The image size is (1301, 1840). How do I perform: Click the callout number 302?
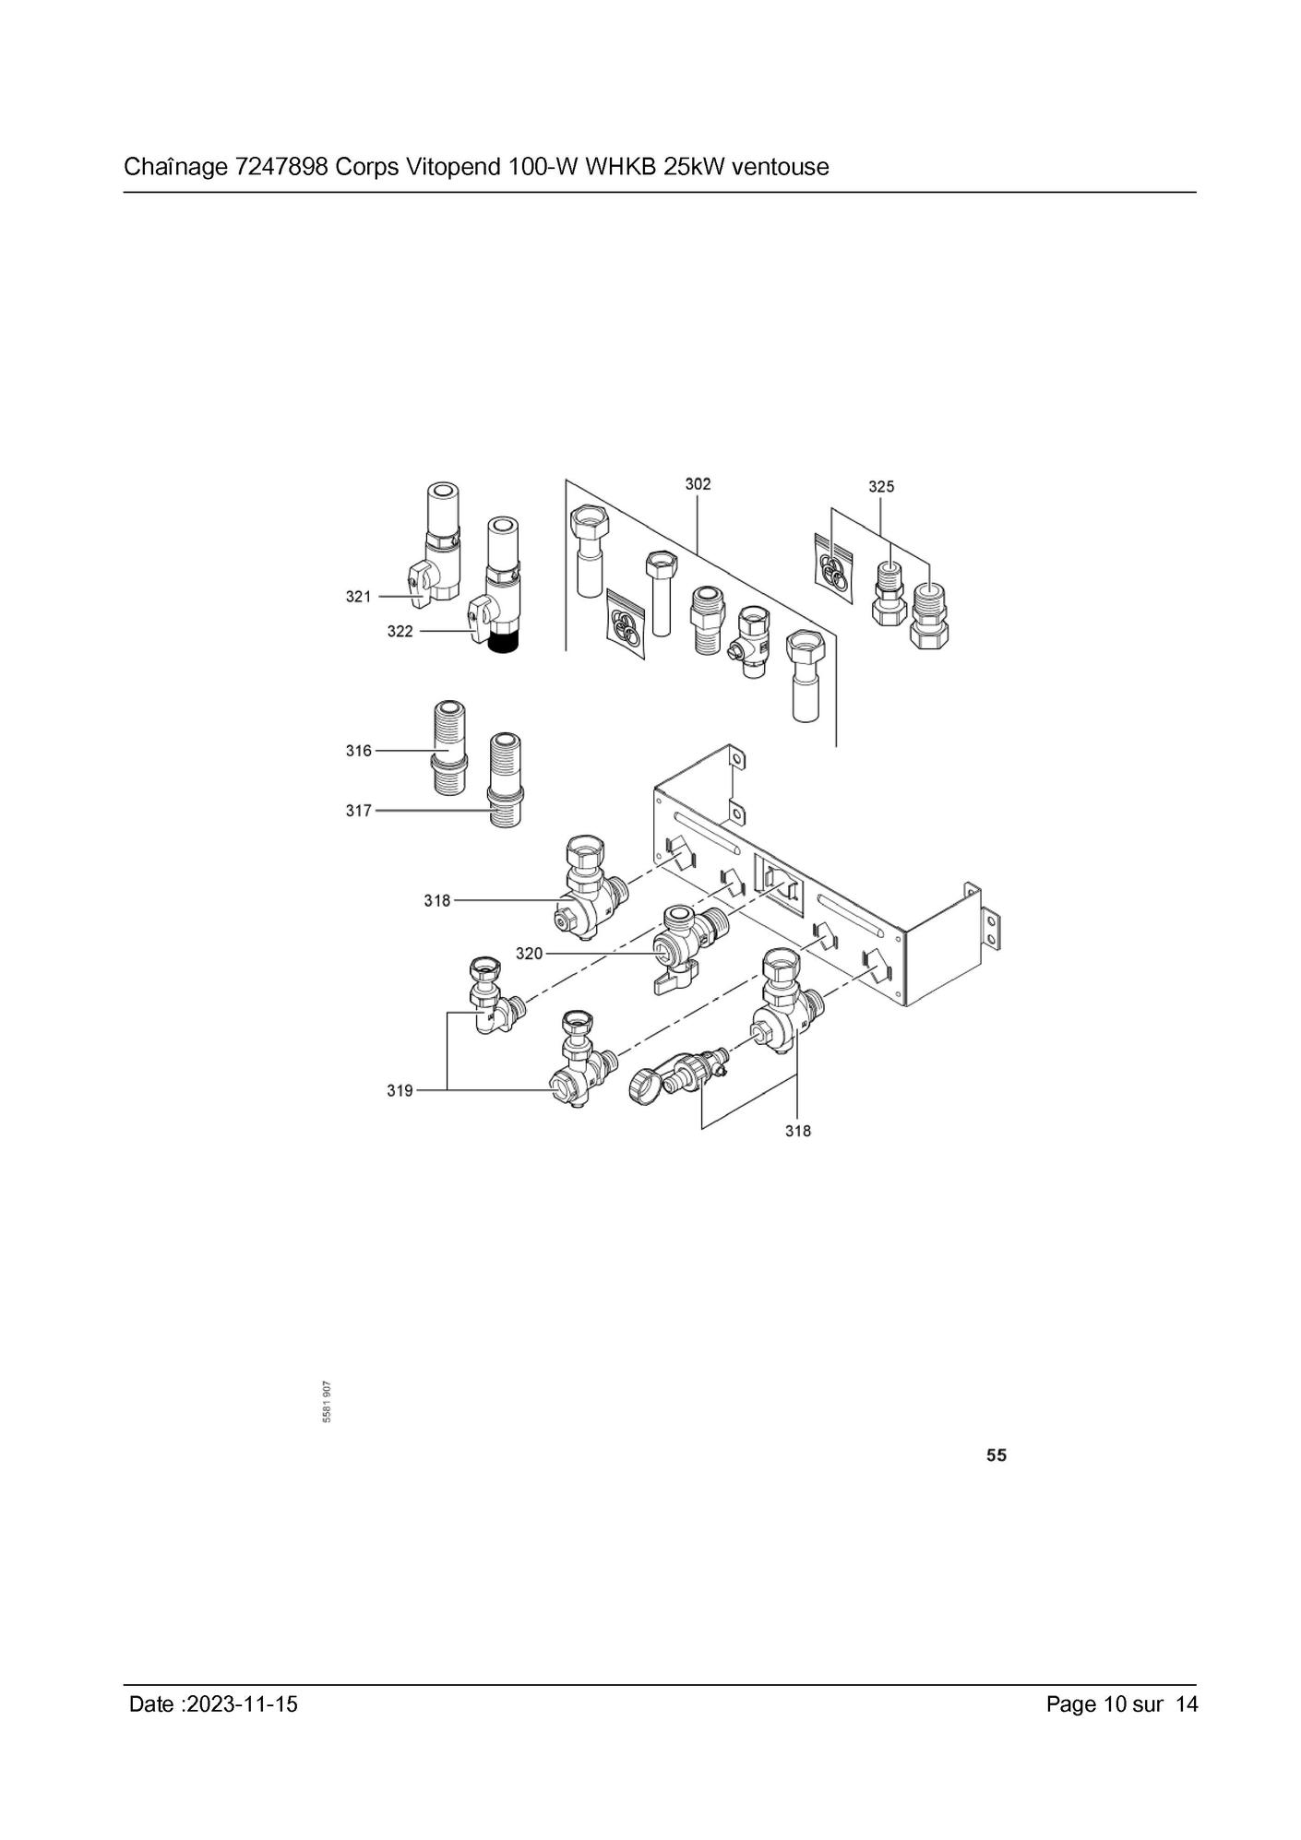pos(698,483)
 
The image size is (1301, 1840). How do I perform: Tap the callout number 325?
pos(881,486)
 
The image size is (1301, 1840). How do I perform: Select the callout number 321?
pos(359,597)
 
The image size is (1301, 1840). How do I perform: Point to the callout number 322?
pos(400,632)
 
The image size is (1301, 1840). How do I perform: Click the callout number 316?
pos(359,751)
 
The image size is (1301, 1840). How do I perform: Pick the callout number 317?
pos(359,811)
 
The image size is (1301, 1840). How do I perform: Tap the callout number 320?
pos(529,954)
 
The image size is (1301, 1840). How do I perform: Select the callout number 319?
pos(400,1091)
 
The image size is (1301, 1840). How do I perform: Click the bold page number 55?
pos(997,1455)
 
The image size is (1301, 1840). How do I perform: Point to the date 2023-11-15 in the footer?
pos(243,1703)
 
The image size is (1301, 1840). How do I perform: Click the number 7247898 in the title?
pos(282,167)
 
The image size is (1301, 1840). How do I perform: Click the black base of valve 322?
pos(505,643)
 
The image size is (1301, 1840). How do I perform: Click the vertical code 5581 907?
pos(328,1403)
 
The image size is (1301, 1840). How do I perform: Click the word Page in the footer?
pos(1071,1704)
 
